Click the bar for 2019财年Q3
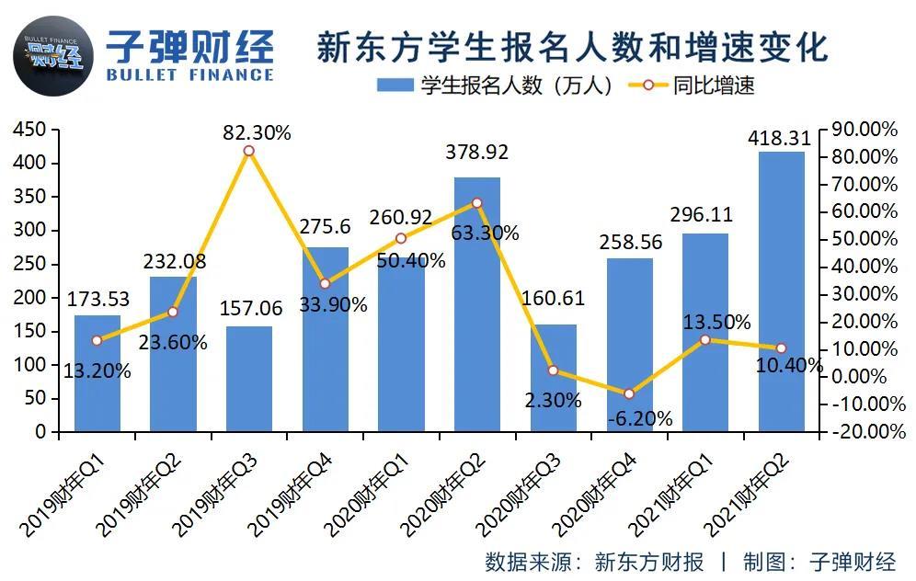(x=249, y=379)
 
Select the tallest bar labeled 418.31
(x=781, y=292)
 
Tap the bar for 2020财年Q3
(x=554, y=378)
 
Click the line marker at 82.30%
(x=249, y=151)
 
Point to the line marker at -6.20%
(x=629, y=394)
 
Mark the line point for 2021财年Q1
(x=705, y=340)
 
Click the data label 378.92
(x=476, y=153)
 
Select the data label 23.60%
(x=173, y=342)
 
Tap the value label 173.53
(x=97, y=299)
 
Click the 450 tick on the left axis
(x=29, y=129)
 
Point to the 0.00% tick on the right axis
(x=858, y=376)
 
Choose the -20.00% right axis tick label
(x=868, y=431)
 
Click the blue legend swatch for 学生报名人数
(x=395, y=85)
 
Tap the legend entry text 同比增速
(x=714, y=85)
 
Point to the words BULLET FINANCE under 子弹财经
(x=189, y=74)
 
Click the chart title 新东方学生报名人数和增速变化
(x=572, y=47)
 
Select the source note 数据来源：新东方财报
(x=594, y=562)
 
